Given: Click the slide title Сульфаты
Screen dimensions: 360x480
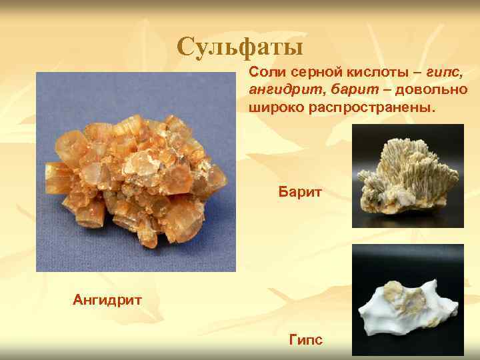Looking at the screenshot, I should (241, 47).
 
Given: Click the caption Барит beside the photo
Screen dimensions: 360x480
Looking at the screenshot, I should (300, 193).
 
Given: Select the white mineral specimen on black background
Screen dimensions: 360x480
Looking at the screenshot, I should (407, 303).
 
